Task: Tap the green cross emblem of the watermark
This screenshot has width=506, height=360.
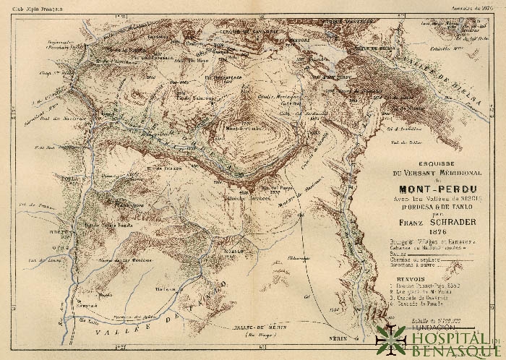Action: (390, 339)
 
